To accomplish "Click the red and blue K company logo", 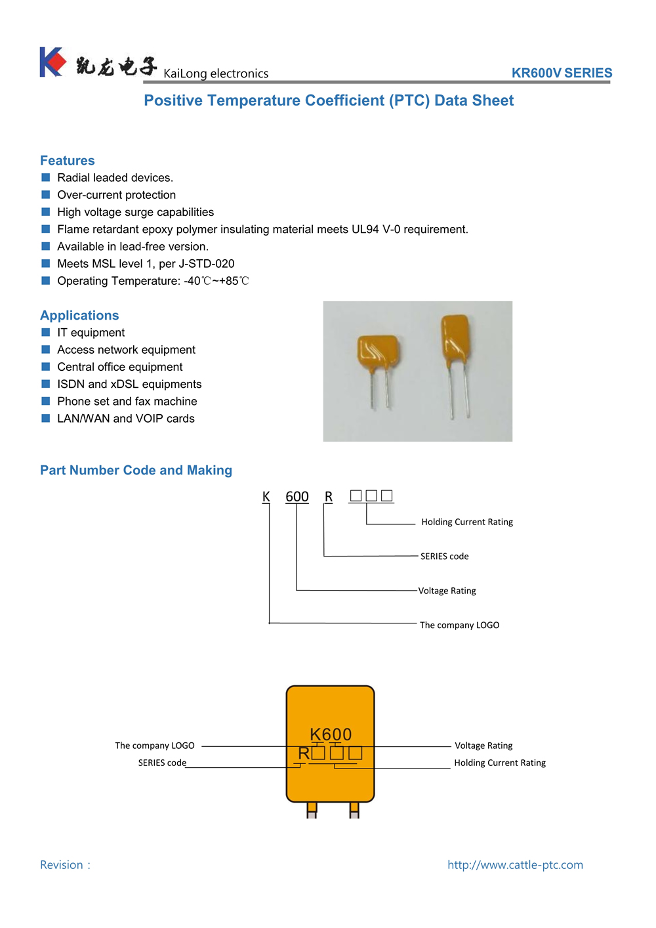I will tap(52, 62).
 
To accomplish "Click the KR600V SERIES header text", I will tap(562, 73).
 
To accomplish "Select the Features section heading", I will tap(68, 161).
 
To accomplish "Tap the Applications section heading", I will tap(79, 316).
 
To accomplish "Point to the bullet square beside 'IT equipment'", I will tap(46, 333).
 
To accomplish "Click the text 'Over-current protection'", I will tap(116, 195).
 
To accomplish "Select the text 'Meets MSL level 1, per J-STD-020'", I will tap(146, 264).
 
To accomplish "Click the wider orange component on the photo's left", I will tap(377, 352).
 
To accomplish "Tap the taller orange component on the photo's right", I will tap(455, 339).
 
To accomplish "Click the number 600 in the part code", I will tap(297, 497).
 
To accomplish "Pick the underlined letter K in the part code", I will tap(266, 497).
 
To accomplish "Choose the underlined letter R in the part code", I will tap(329, 497).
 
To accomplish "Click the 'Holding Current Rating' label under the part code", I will tap(467, 522).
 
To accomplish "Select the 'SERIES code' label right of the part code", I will tap(444, 557).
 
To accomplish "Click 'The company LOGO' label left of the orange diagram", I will tap(155, 746).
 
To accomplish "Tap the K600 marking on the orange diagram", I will tap(331, 734).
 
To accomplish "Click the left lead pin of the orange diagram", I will tap(312, 810).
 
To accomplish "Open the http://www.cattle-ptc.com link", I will tap(515, 865).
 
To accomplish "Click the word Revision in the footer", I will tap(62, 865).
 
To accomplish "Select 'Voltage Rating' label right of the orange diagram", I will tap(483, 746).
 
